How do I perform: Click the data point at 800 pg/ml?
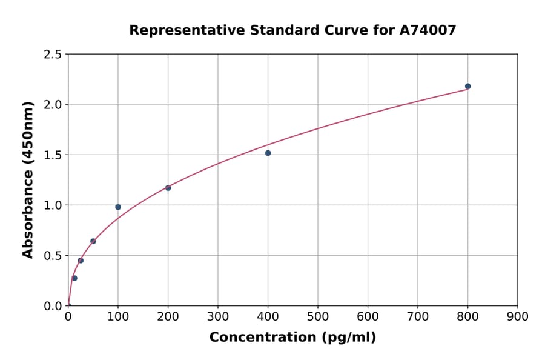(467, 86)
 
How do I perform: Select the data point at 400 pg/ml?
(268, 153)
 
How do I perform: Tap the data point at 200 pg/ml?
(168, 188)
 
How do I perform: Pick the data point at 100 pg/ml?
(118, 207)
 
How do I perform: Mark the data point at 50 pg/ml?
(93, 241)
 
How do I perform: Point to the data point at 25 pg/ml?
(81, 261)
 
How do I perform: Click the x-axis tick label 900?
(518, 316)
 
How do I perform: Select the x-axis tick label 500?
(318, 316)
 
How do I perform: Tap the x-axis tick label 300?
(218, 316)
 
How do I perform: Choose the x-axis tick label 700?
(418, 316)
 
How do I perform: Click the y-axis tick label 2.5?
(53, 55)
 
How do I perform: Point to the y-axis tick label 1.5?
(53, 155)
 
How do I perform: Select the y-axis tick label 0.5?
(53, 256)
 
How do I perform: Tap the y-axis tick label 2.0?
(53, 105)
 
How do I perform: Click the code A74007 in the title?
(427, 30)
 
